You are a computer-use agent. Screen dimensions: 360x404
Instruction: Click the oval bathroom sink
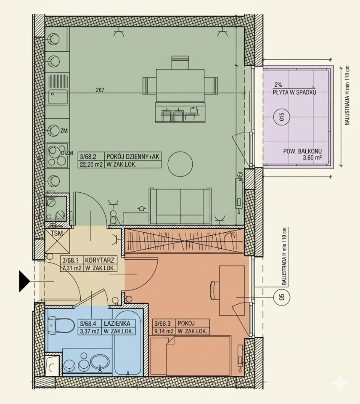pyautogui.click(x=100, y=362)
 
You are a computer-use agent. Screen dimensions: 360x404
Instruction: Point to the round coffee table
pyautogui.click(x=180, y=164)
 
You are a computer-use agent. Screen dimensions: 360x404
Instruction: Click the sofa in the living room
pyautogui.click(x=181, y=206)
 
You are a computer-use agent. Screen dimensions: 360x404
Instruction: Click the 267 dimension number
pyautogui.click(x=100, y=90)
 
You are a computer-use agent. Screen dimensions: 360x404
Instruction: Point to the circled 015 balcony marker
pyautogui.click(x=281, y=117)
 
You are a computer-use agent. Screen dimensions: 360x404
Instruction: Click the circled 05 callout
pyautogui.click(x=281, y=297)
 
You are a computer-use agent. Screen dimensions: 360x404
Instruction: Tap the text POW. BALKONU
pyautogui.click(x=302, y=151)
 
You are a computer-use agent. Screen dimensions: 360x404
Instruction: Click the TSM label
pyautogui.click(x=57, y=234)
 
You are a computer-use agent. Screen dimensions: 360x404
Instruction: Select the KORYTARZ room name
pyautogui.click(x=99, y=259)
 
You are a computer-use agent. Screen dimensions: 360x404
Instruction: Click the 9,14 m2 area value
pyautogui.click(x=164, y=331)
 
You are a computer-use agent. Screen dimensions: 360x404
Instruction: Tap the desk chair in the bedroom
pyautogui.click(x=214, y=290)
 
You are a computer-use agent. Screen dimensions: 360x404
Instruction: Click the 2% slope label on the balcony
pyautogui.click(x=278, y=85)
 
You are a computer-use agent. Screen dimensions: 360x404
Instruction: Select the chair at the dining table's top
pyautogui.click(x=180, y=62)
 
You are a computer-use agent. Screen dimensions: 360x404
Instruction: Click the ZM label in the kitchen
pyautogui.click(x=64, y=131)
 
